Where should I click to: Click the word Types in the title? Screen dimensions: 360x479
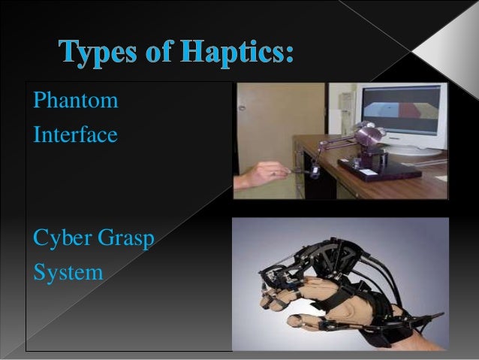click(x=102, y=54)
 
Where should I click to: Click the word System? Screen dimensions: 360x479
click(x=68, y=272)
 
